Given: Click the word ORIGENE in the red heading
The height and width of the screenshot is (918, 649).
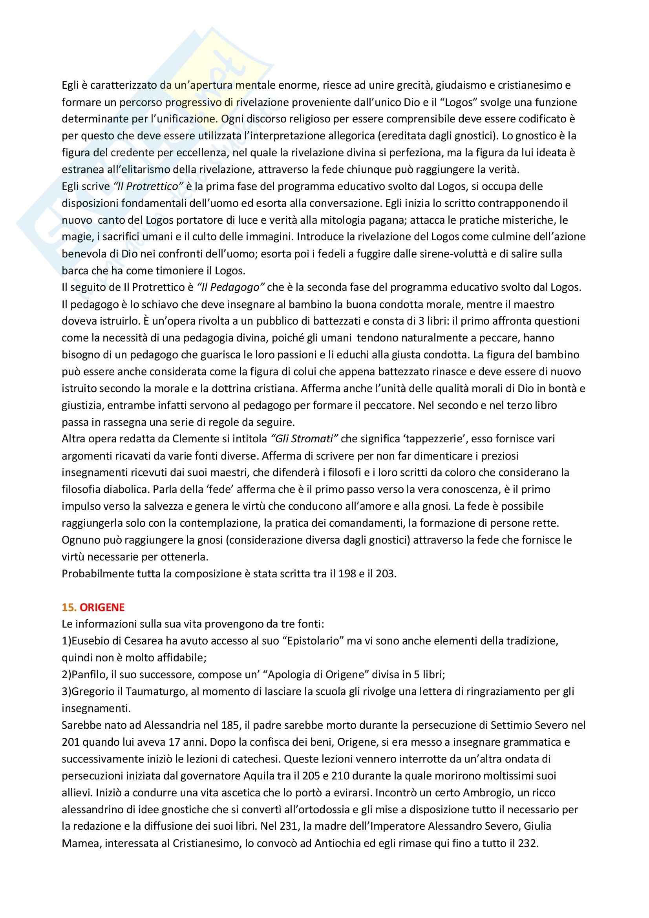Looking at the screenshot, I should tap(102, 607).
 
